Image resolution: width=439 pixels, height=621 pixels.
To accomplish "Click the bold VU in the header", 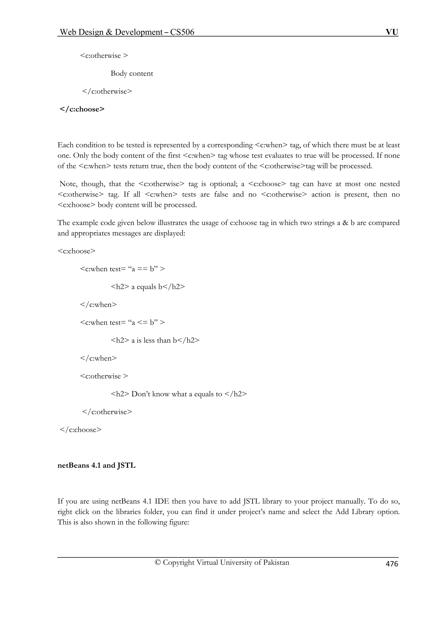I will [x=392, y=32].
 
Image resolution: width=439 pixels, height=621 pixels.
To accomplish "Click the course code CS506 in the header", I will [x=182, y=32].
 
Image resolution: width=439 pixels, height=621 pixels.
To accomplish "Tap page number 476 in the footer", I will [x=392, y=564].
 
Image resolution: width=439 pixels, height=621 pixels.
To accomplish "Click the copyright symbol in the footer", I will [x=158, y=562].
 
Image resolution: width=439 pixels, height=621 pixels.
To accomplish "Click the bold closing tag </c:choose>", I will [x=82, y=109].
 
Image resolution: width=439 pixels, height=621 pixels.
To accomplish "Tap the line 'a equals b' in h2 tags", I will [x=148, y=287].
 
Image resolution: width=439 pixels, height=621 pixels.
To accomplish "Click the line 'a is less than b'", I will [x=155, y=340].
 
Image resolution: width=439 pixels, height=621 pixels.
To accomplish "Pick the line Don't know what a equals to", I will [x=179, y=394].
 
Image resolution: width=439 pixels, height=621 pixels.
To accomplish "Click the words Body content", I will [x=132, y=73].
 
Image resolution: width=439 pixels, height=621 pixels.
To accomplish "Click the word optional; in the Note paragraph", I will [x=220, y=184].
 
